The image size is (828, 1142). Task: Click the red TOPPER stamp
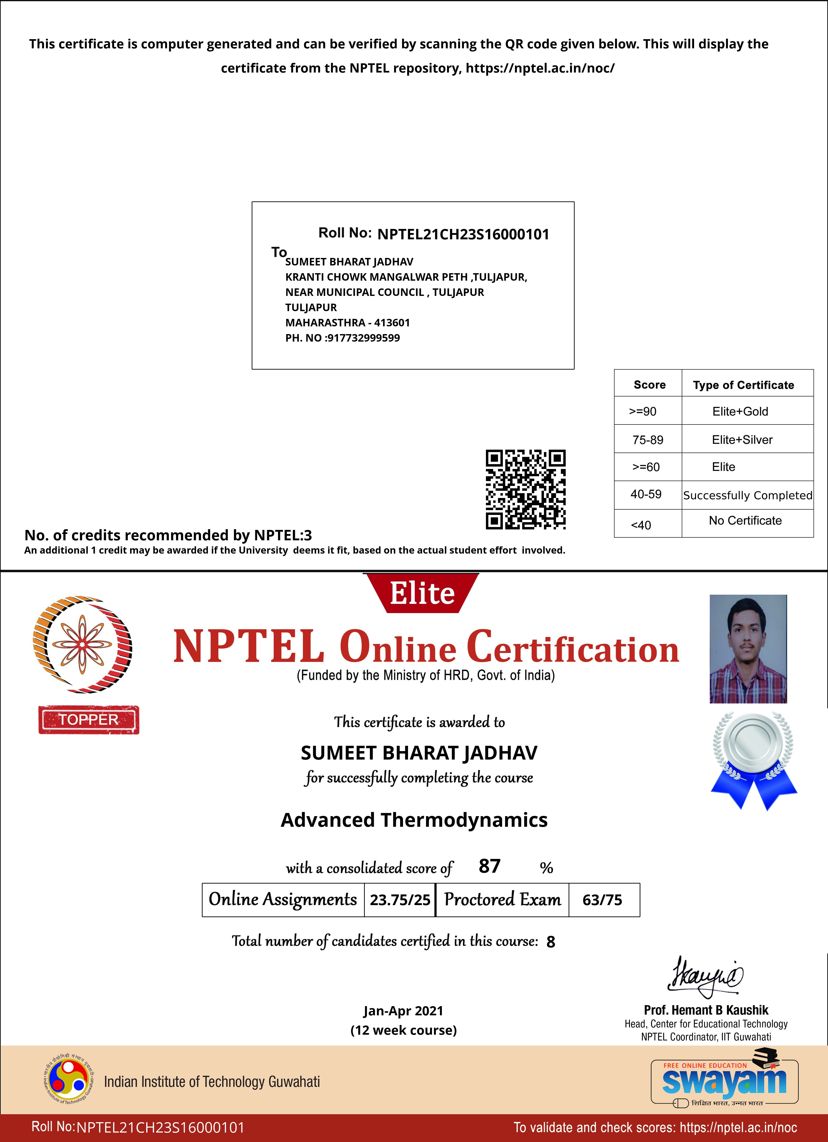[x=89, y=719]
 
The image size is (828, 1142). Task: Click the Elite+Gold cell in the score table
[x=740, y=411]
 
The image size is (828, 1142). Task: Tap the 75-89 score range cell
[x=648, y=439]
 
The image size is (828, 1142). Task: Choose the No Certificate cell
[x=745, y=521]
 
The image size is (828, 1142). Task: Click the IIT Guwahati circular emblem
[x=69, y=1081]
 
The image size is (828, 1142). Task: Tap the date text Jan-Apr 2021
[x=403, y=1010]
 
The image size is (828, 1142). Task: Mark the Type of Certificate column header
[x=743, y=385]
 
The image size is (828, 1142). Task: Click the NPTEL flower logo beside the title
[x=82, y=644]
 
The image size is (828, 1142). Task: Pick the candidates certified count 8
[x=550, y=942]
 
